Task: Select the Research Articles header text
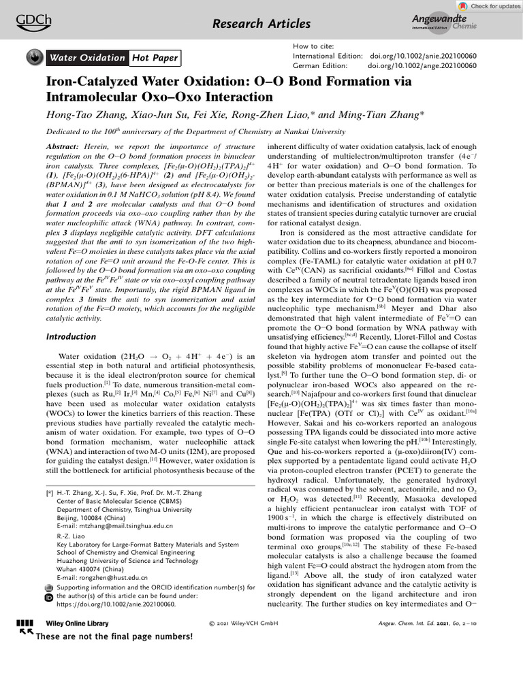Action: [261, 25]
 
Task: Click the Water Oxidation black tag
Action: [86, 59]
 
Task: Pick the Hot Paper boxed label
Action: [155, 59]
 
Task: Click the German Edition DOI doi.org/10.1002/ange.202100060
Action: [422, 65]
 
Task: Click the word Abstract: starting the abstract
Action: [66, 148]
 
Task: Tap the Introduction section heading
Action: [71, 337]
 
